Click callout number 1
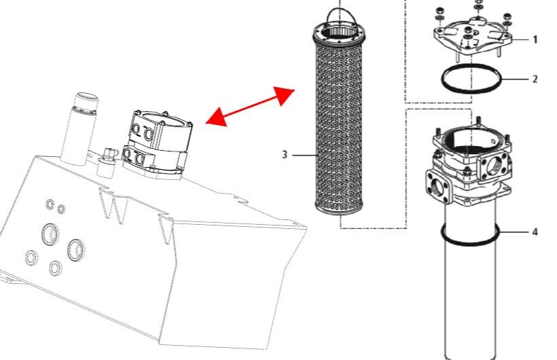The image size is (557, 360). [x=535, y=39]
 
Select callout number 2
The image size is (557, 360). [x=535, y=79]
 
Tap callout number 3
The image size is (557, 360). [x=285, y=155]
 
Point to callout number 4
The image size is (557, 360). [x=535, y=232]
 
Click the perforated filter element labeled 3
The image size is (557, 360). [x=339, y=121]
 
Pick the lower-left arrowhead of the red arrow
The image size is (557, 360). [x=216, y=117]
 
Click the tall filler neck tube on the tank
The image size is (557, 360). [x=79, y=128]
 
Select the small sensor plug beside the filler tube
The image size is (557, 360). [x=107, y=162]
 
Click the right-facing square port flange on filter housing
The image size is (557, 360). [x=494, y=166]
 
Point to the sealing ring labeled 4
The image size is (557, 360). [x=470, y=242]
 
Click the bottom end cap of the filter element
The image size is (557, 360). [x=339, y=209]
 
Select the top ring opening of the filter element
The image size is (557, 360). [x=339, y=32]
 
